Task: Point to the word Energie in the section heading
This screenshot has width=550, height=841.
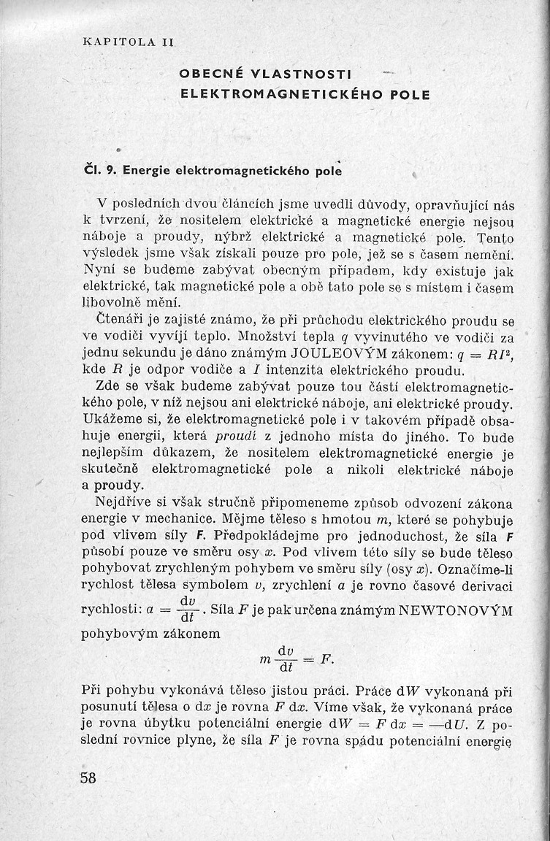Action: (x=149, y=171)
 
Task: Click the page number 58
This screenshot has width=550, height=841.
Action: (x=88, y=777)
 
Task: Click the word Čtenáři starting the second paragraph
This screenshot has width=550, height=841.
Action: (x=120, y=320)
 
